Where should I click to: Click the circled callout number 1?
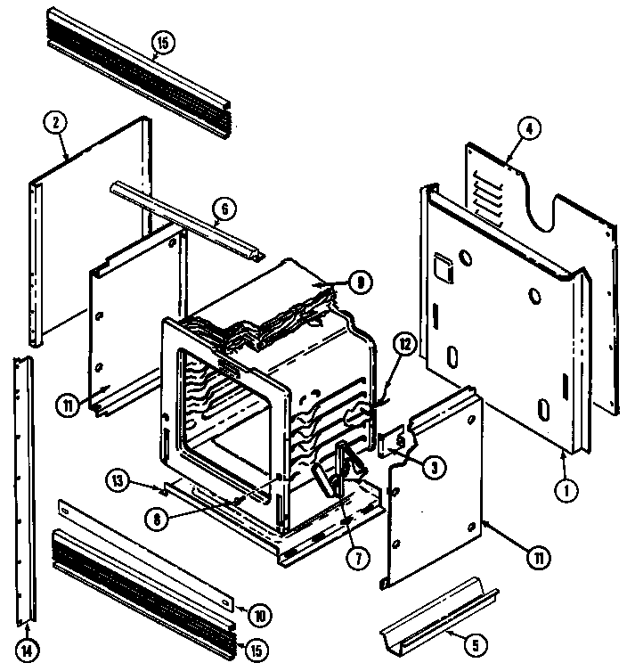[563, 488]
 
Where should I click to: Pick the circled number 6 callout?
[224, 209]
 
